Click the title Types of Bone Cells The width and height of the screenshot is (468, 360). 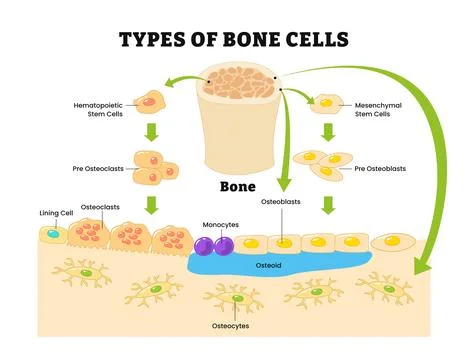pos(234,40)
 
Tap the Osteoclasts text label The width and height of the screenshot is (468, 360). pos(97,207)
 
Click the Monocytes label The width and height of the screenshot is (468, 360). pos(219,225)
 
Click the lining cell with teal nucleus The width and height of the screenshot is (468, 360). pos(53,234)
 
